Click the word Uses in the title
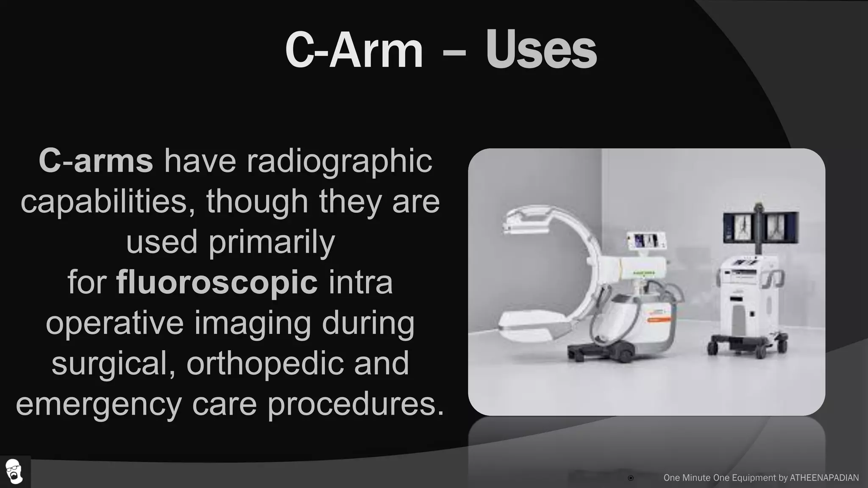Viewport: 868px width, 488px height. [x=541, y=51]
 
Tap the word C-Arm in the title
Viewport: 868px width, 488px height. [x=354, y=51]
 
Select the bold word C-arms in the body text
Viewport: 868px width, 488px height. [x=96, y=161]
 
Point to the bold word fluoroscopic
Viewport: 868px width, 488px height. [x=217, y=283]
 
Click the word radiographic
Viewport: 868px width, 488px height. [x=339, y=161]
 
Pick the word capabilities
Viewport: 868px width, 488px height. [x=104, y=202]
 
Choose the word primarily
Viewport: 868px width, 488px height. [x=272, y=242]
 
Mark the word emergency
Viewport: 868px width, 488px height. [x=99, y=404]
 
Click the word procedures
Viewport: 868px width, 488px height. [x=356, y=404]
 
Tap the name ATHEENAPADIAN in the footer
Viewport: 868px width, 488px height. [x=824, y=478]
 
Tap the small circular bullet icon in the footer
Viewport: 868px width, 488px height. [x=631, y=478]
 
